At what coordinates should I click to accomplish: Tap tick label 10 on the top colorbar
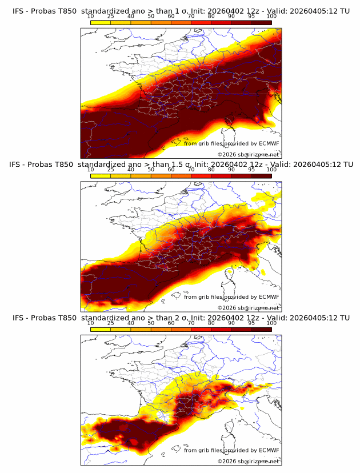(x=90, y=16)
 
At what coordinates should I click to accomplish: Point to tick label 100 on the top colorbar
(x=272, y=16)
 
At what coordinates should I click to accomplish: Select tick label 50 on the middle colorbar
(x=151, y=170)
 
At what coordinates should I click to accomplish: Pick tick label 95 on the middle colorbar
(x=251, y=170)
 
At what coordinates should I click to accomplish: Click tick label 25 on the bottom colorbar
(x=110, y=323)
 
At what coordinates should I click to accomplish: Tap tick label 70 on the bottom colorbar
(x=191, y=323)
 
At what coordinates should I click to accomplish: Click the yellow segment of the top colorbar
(x=101, y=22)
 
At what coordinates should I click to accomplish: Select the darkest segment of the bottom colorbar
(x=262, y=329)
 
